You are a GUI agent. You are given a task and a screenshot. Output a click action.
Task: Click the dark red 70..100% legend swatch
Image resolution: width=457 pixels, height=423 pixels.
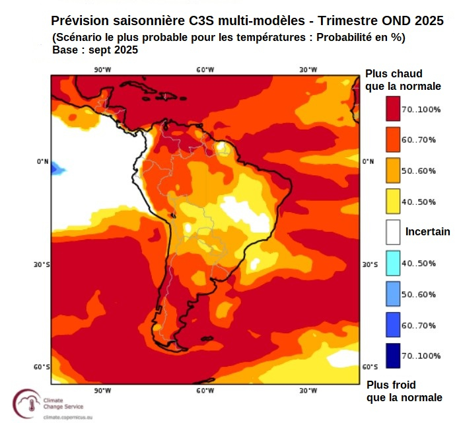pyautogui.click(x=394, y=109)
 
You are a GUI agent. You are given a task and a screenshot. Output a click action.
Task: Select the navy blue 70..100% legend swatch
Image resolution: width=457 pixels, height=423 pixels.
pyautogui.click(x=394, y=355)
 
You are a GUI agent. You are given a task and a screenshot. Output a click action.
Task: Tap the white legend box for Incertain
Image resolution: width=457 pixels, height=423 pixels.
pyautogui.click(x=394, y=232)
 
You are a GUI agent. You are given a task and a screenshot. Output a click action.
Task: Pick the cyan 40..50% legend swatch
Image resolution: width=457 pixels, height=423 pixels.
pyautogui.click(x=394, y=262)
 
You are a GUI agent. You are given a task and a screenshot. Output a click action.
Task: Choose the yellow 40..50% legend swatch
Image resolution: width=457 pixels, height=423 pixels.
pyautogui.click(x=394, y=201)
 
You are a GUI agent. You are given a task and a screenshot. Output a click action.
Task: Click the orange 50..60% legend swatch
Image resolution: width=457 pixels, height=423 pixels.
pyautogui.click(x=394, y=171)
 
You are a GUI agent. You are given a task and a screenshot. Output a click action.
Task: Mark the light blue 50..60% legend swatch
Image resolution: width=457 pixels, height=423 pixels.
pyautogui.click(x=394, y=293)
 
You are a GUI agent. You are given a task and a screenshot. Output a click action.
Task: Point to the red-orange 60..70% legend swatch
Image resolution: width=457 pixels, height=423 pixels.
pyautogui.click(x=394, y=139)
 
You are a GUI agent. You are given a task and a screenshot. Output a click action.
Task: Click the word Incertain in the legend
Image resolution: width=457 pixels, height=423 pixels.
pyautogui.click(x=427, y=232)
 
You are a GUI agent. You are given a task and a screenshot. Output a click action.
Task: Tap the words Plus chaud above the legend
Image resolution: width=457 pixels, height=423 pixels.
pyautogui.click(x=394, y=73)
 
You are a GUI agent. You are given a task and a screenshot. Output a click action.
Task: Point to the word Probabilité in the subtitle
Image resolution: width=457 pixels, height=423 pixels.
pyautogui.click(x=343, y=37)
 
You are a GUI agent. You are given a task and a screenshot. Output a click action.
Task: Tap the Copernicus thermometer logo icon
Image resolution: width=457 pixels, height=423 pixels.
pyautogui.click(x=26, y=403)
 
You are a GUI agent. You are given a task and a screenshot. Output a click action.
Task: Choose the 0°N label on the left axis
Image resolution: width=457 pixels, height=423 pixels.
pyautogui.click(x=43, y=161)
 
